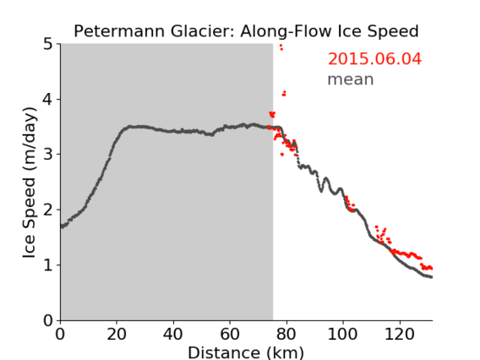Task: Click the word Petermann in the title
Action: [x=120, y=31]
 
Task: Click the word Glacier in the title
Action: [x=203, y=31]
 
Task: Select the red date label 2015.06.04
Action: [x=374, y=58]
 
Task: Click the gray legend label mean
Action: [x=351, y=79]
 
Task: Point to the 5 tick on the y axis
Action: [x=48, y=44]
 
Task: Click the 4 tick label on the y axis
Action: [x=48, y=99]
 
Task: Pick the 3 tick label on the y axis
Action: [x=48, y=155]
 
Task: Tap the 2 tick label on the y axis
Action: [x=48, y=210]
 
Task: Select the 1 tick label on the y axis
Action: [x=48, y=265]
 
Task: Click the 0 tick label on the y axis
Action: [x=48, y=320]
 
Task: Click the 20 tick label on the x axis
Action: [x=117, y=334]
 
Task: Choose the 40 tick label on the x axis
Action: [x=173, y=334]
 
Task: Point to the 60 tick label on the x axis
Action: [x=230, y=334]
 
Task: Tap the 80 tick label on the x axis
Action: [x=286, y=334]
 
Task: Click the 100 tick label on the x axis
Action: [x=342, y=334]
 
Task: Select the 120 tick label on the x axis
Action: [x=399, y=334]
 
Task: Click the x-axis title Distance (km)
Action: [x=246, y=352]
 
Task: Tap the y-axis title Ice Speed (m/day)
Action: [x=30, y=183]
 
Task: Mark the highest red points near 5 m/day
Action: [x=281, y=47]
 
